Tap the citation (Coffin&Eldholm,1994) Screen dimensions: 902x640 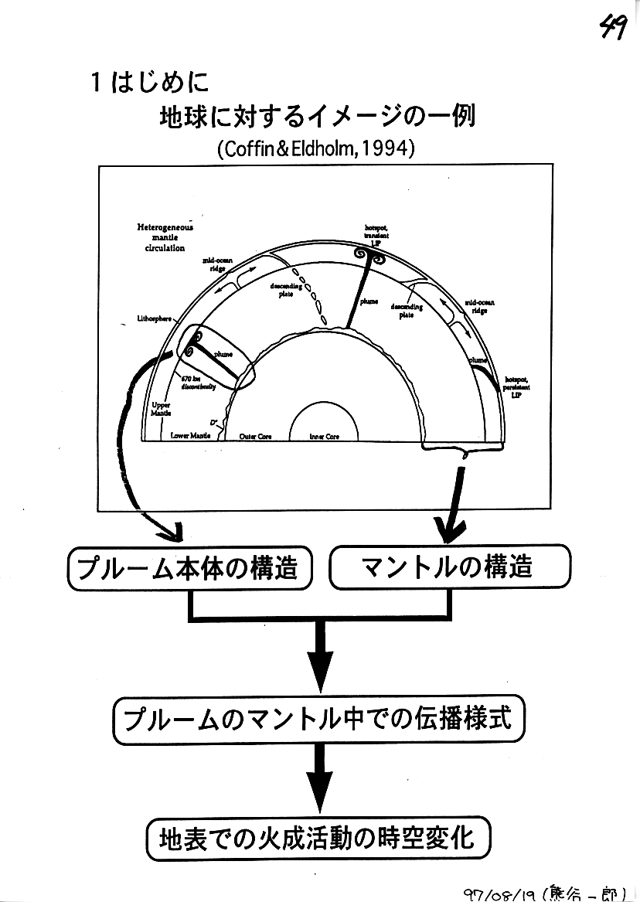click(316, 148)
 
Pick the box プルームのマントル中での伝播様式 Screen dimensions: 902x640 click(318, 720)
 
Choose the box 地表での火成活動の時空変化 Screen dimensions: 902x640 click(318, 838)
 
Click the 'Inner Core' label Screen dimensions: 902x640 click(325, 437)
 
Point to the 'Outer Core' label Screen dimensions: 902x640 click(255, 437)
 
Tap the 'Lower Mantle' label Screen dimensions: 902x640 click(190, 436)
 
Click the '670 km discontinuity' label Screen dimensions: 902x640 click(198, 383)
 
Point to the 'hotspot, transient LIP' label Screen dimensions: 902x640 click(376, 234)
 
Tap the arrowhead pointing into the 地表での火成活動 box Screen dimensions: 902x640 click(318, 804)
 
